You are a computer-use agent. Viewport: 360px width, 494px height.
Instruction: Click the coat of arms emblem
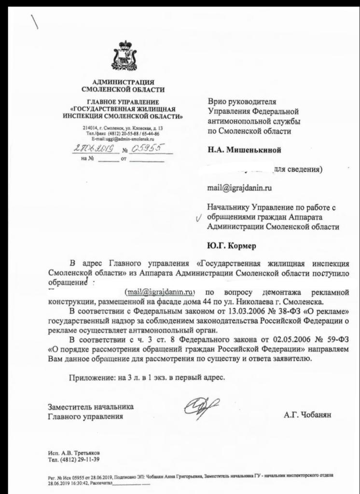point(123,57)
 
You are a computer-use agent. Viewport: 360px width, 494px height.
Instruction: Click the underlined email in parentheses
point(160,292)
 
